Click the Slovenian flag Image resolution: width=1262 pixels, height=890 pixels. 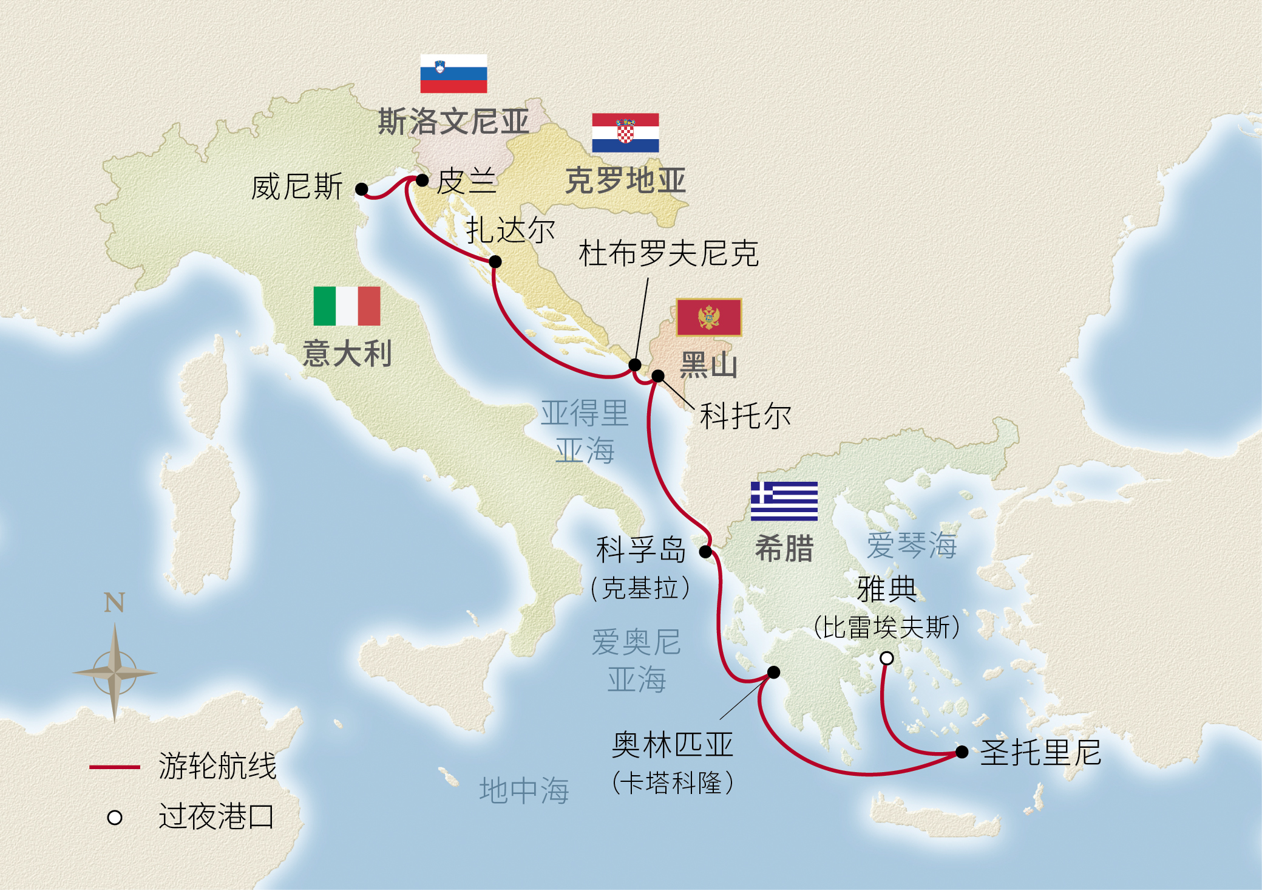[x=453, y=74]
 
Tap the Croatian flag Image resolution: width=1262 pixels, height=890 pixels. [x=625, y=132]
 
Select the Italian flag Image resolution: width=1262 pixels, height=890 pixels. [x=347, y=306]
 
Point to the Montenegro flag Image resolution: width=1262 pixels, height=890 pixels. [x=708, y=317]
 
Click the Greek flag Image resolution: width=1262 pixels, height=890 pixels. [x=784, y=501]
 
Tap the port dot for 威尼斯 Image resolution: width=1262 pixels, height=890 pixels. [x=362, y=189]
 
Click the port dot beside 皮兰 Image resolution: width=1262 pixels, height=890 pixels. [x=422, y=180]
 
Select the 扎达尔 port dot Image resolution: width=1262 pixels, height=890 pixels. [x=495, y=262]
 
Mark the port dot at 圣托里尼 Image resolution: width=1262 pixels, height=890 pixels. [x=962, y=752]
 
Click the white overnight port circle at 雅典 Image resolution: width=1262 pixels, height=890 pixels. [x=887, y=658]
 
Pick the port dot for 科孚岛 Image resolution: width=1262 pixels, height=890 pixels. [x=705, y=552]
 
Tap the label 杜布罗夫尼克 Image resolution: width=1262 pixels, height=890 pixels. [x=668, y=253]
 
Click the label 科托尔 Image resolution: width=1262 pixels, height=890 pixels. [x=745, y=416]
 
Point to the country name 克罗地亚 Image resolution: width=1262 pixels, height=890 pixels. [x=625, y=180]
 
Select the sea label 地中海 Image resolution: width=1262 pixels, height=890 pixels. [x=524, y=790]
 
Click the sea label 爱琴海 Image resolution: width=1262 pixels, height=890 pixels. [x=911, y=545]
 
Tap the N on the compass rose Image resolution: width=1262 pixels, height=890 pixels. [x=114, y=603]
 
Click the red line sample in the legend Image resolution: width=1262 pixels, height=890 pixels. [x=115, y=767]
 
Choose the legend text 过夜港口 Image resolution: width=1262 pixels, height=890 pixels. [x=216, y=816]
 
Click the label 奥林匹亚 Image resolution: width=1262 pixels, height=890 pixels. [x=673, y=745]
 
